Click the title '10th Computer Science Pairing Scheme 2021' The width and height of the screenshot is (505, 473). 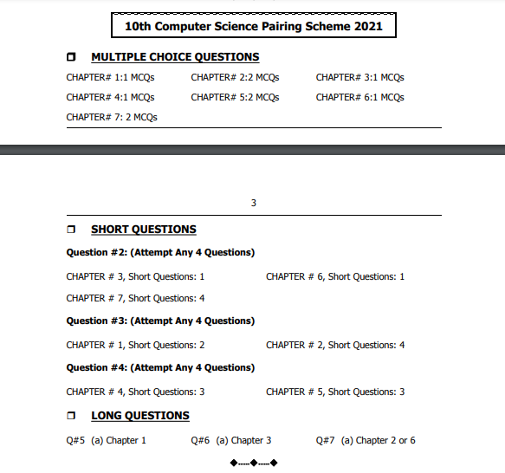click(x=254, y=27)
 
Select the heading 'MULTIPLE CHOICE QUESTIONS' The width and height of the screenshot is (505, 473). click(x=175, y=57)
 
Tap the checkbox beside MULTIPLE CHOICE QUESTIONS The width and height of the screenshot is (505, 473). click(x=72, y=57)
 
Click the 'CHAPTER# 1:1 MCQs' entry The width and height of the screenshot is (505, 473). click(x=110, y=77)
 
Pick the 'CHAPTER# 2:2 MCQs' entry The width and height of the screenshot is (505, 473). click(x=235, y=77)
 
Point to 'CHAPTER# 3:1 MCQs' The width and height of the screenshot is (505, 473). click(x=359, y=77)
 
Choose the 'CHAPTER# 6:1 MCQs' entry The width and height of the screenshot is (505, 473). click(x=359, y=97)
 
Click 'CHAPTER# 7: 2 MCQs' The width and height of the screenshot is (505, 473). click(x=112, y=117)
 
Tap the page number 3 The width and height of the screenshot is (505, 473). click(x=254, y=204)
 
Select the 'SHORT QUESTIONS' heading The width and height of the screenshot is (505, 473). click(x=144, y=230)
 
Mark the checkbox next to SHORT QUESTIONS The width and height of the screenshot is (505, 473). click(x=72, y=230)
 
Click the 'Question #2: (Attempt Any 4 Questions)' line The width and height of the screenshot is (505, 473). click(x=160, y=253)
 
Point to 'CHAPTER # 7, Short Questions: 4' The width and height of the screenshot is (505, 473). click(x=135, y=298)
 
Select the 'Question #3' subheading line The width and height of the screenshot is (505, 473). click(x=160, y=321)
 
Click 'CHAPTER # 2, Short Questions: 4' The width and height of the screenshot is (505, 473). click(x=335, y=345)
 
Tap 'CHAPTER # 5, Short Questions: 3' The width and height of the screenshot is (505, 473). click(x=335, y=392)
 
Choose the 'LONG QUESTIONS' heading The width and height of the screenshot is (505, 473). click(x=140, y=416)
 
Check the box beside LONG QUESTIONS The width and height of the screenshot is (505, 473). click(x=72, y=416)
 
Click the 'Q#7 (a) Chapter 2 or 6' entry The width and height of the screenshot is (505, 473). click(x=366, y=440)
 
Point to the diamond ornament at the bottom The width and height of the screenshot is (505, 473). click(x=254, y=463)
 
